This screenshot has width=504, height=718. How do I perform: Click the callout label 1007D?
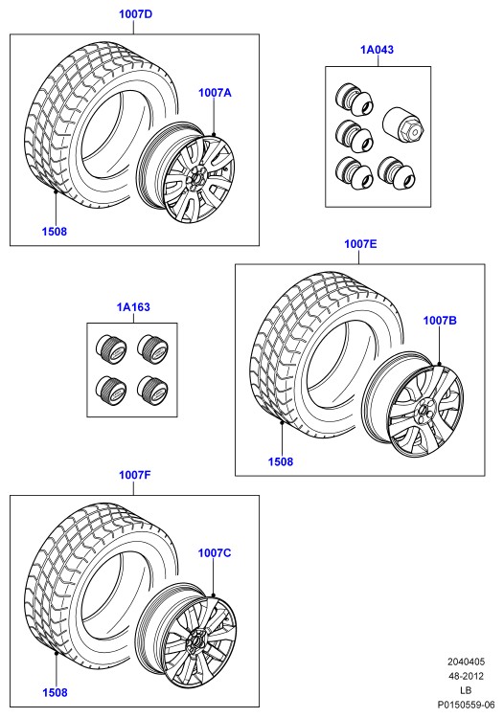click(136, 13)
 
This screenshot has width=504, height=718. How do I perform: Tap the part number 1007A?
click(215, 93)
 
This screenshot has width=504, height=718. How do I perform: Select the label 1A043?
click(378, 50)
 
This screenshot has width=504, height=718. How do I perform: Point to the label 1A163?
click(133, 306)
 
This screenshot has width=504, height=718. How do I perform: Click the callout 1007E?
click(360, 244)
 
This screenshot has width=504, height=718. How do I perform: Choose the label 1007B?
click(440, 321)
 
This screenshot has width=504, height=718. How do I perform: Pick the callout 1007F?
click(135, 475)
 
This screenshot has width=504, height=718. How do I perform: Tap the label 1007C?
click(215, 553)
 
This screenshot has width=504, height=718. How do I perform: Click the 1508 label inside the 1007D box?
click(55, 232)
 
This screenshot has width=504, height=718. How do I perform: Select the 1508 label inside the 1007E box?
click(281, 461)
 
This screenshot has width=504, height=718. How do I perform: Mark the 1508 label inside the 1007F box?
click(55, 693)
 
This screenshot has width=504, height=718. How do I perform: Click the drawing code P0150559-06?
click(466, 705)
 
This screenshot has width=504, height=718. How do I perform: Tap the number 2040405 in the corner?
click(466, 662)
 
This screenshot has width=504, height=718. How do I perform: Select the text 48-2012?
click(466, 676)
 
